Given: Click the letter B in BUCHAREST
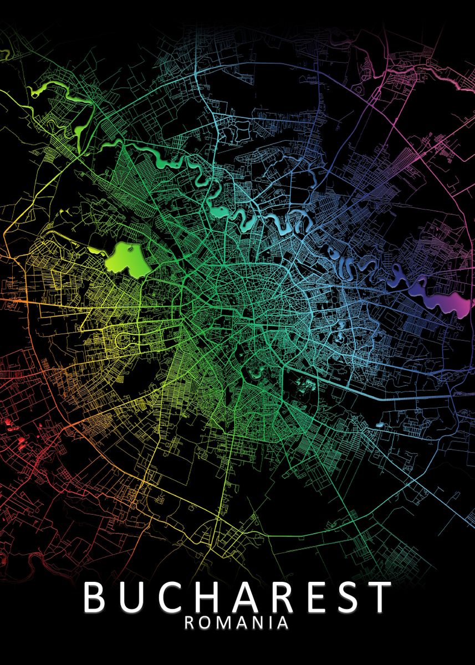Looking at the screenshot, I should (96, 597).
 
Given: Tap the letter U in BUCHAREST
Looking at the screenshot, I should (131, 597).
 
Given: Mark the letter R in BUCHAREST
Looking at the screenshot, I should (279, 597).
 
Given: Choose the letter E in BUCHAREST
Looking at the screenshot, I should (312, 597).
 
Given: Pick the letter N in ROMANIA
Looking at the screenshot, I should (258, 623).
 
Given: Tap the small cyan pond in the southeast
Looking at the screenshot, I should (379, 425).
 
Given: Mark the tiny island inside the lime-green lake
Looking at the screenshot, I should (130, 250).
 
